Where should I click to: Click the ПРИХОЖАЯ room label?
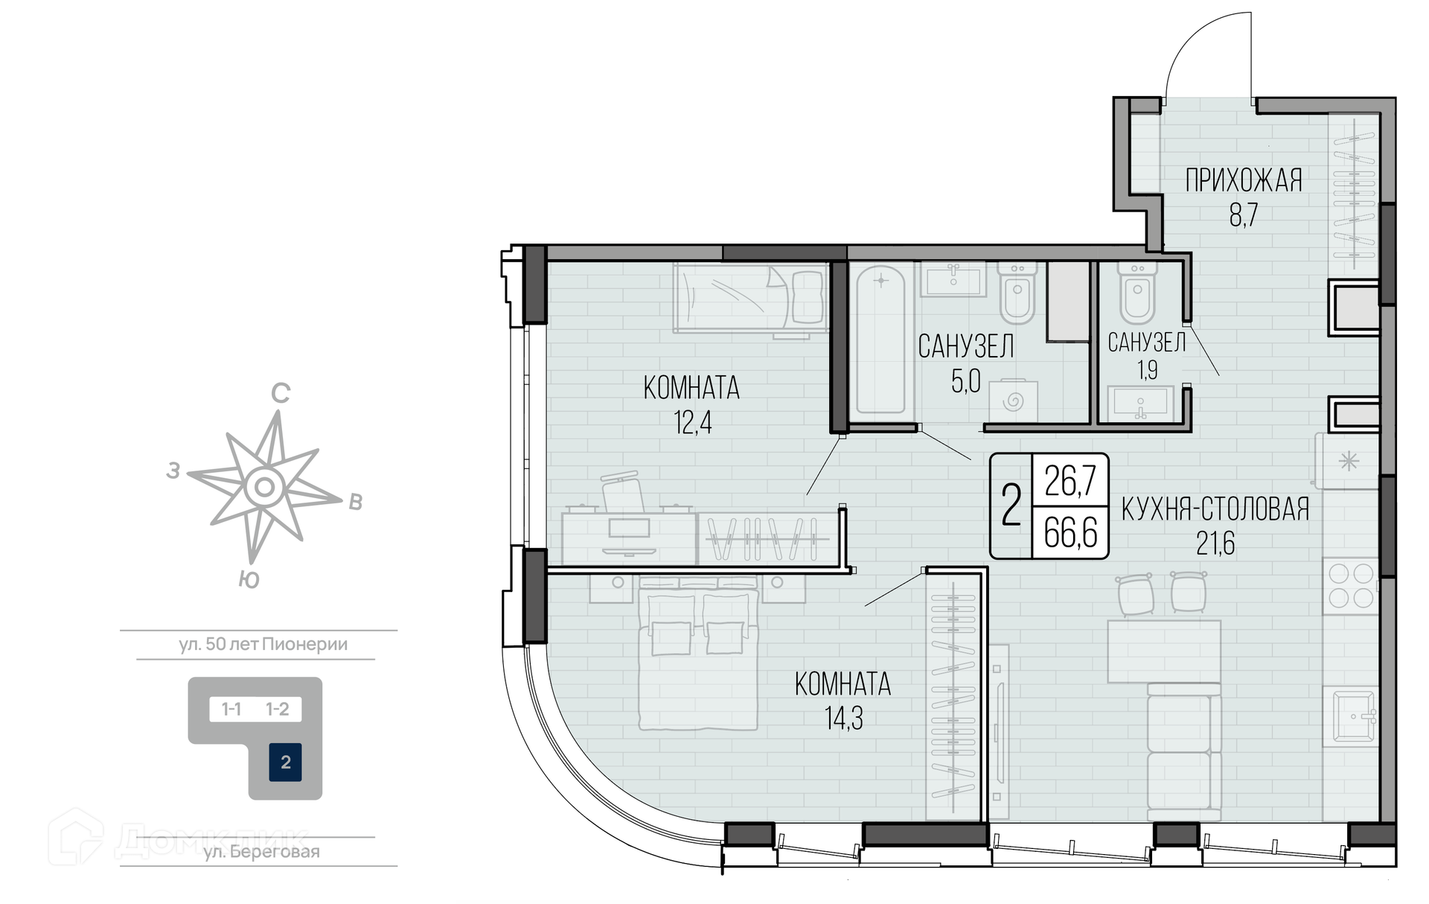[1244, 181]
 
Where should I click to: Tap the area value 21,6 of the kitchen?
[1215, 544]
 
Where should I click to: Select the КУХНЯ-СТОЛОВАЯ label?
[1215, 509]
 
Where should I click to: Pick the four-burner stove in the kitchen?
[1351, 586]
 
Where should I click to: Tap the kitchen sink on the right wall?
[1351, 716]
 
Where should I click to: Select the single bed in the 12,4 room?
[751, 298]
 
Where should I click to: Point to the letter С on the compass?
[280, 393]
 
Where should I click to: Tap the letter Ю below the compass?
[249, 579]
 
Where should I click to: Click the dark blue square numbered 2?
[285, 763]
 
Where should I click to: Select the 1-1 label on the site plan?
[231, 709]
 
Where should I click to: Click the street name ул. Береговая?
[262, 852]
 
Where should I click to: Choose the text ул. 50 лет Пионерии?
[263, 644]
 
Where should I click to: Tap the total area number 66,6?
[1070, 532]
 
